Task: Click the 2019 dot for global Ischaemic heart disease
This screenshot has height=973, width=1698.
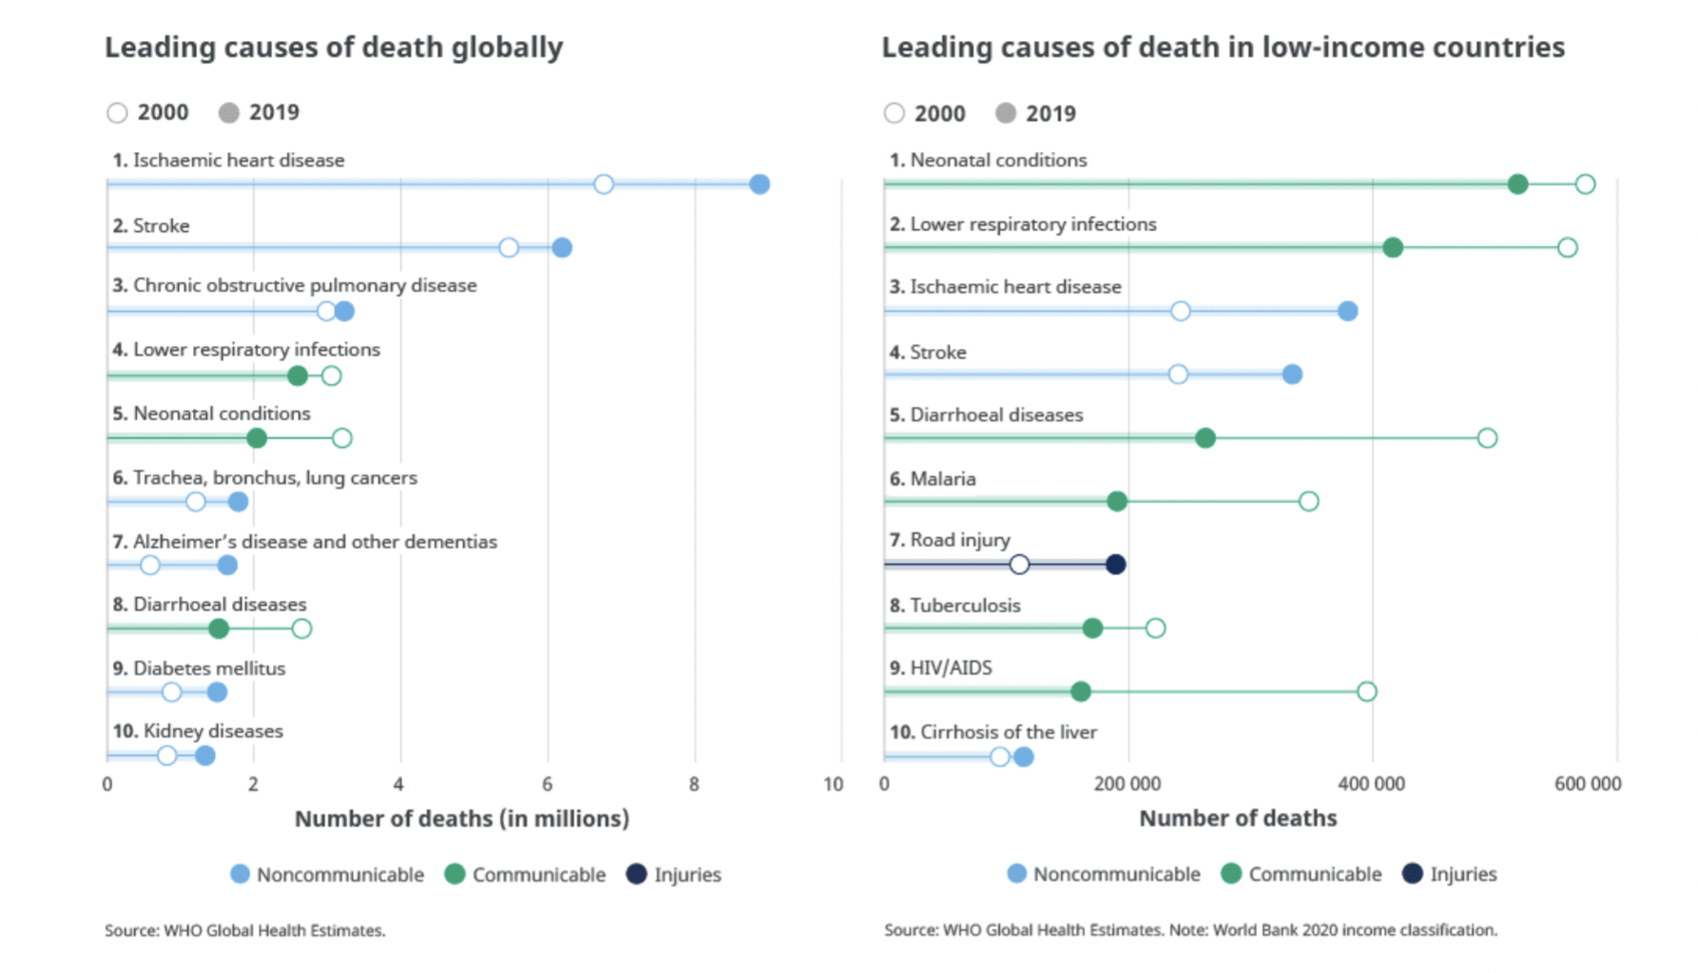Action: click(759, 184)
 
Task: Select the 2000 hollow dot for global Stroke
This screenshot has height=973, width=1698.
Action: click(509, 248)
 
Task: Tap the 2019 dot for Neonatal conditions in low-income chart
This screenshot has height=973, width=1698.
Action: click(1517, 184)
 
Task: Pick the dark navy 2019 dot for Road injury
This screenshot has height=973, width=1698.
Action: click(1116, 564)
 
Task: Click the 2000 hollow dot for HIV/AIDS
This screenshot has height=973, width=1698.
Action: click(1366, 692)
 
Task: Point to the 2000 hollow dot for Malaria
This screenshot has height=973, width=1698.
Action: click(1308, 501)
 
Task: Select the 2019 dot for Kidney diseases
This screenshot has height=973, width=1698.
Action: click(204, 756)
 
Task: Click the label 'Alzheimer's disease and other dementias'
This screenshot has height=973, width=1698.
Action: click(315, 542)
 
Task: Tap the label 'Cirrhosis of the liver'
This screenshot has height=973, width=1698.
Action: click(1003, 733)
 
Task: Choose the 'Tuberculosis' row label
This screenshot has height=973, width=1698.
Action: click(965, 605)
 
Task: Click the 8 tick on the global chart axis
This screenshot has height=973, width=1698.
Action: click(694, 785)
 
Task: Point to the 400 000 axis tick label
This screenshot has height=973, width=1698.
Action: click(1371, 785)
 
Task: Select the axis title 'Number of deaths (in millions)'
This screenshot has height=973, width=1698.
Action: click(462, 819)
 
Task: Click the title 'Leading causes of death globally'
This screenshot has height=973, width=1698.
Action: click(334, 48)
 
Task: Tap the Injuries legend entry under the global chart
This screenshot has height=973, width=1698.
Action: click(674, 875)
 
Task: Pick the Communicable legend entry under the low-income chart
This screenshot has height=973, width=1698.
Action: click(1302, 874)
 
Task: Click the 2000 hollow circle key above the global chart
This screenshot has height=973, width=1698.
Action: click(117, 113)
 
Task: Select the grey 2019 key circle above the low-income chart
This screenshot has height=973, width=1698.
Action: click(1005, 113)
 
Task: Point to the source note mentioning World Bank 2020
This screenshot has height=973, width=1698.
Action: click(1190, 930)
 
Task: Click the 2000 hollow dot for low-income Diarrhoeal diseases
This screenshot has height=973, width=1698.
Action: click(1487, 438)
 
